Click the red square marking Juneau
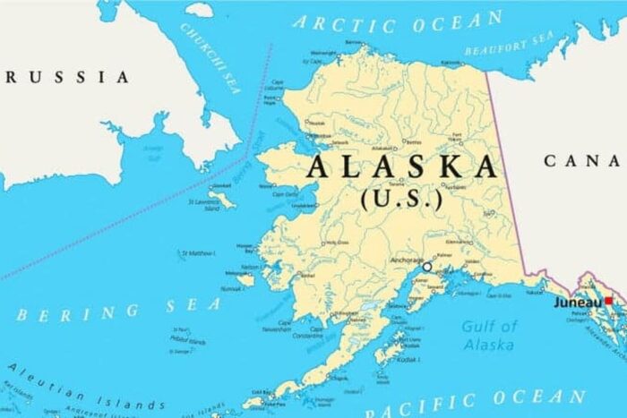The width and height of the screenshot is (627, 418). pos(609,302)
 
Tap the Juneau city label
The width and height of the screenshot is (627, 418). pos(578,303)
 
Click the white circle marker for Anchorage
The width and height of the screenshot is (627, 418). pos(427,267)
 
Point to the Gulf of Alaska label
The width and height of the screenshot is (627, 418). pos(489,336)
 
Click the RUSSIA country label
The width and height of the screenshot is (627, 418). pos(67,77)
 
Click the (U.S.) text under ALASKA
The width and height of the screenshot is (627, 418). pos(401,200)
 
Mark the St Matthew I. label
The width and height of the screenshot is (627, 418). pos(199,253)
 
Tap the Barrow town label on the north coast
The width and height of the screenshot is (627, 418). pos(354,42)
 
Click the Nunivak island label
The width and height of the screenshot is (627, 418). pos(233,289)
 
